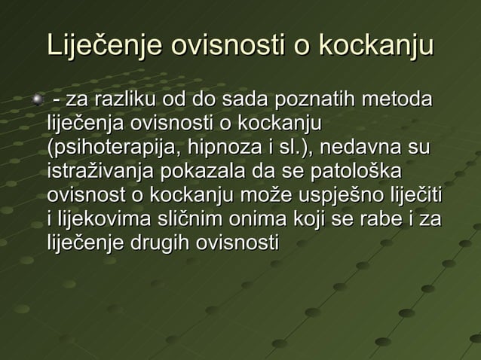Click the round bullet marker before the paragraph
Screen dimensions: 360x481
[33, 99]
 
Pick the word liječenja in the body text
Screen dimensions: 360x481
[85, 123]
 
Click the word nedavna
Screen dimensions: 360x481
[369, 146]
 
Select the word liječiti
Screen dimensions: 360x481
[415, 194]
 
